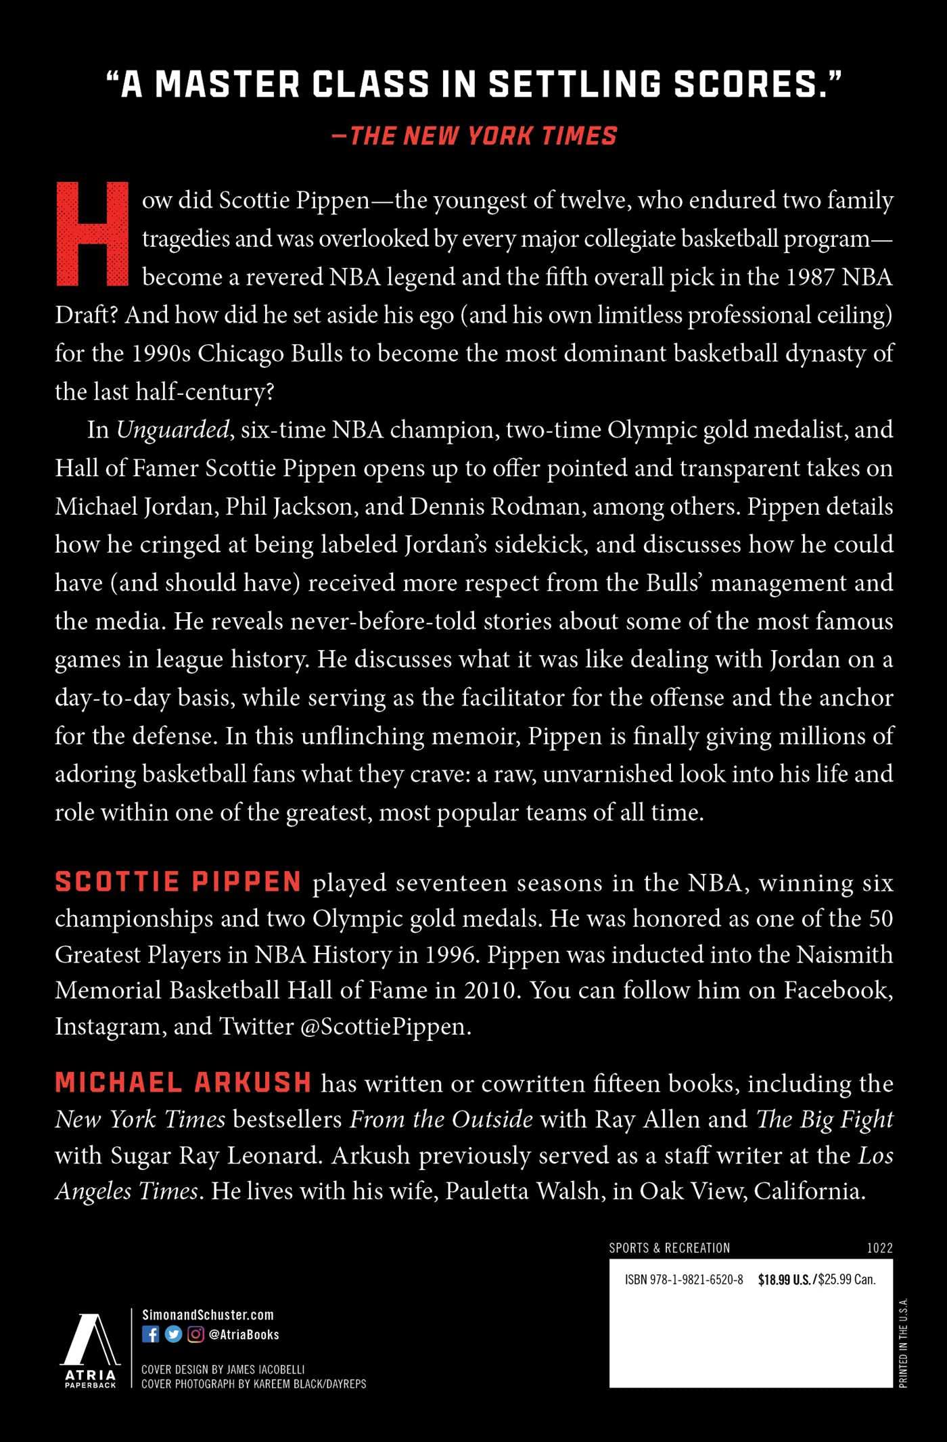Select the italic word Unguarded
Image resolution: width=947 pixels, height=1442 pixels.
pyautogui.click(x=172, y=430)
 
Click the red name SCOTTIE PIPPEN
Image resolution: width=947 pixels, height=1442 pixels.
pyautogui.click(x=178, y=882)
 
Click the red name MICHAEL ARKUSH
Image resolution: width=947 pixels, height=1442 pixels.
pyautogui.click(x=183, y=1083)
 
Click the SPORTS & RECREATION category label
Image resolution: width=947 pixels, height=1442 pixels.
pyautogui.click(x=669, y=1248)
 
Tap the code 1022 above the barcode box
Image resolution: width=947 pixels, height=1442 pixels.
pyautogui.click(x=879, y=1248)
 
